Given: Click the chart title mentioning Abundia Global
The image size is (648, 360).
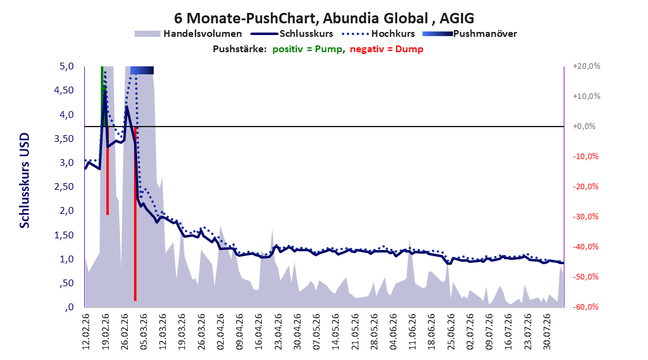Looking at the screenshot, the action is [x=324, y=18].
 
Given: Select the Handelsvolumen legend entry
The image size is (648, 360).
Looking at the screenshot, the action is [x=188, y=34].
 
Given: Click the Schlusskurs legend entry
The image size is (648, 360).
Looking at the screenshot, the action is [x=291, y=34].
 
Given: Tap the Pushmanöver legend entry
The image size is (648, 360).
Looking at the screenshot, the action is [x=470, y=34].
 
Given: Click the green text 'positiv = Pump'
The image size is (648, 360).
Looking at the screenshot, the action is [x=307, y=49].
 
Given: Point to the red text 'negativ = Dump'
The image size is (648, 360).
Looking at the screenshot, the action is [x=387, y=49].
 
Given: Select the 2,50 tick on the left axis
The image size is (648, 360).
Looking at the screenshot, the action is [x=64, y=187].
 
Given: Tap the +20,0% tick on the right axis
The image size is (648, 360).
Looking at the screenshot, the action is [x=587, y=66].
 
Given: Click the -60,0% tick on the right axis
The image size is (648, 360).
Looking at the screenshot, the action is [x=585, y=307].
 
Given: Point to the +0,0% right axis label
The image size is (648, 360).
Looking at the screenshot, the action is [x=584, y=127].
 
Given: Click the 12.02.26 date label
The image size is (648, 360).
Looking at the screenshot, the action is [x=85, y=332].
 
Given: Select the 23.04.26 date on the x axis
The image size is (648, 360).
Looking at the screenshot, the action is [x=278, y=332].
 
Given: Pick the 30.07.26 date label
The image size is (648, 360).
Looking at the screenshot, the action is [x=547, y=332].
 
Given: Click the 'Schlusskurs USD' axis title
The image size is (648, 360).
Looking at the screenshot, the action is [x=25, y=181].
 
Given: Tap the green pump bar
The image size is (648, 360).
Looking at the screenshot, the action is [x=102, y=96].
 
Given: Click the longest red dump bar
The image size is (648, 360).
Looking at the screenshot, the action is [x=135, y=213].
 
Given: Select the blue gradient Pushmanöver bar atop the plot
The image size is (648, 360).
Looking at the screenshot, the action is [x=142, y=70].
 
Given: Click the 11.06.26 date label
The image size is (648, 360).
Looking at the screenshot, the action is [x=412, y=332].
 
